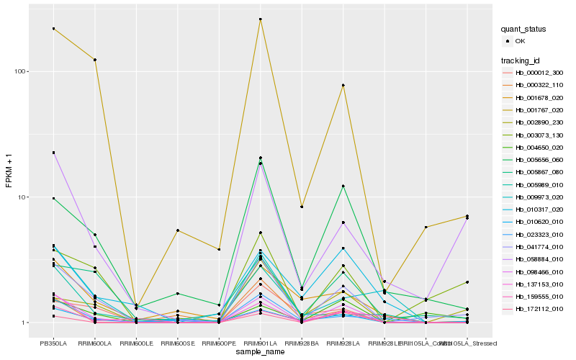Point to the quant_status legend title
coord(523,30)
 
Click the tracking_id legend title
coord(521,60)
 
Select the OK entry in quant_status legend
coord(520,42)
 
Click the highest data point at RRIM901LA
coord(260,19)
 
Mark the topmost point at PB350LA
coord(53,29)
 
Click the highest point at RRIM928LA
coord(343,85)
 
